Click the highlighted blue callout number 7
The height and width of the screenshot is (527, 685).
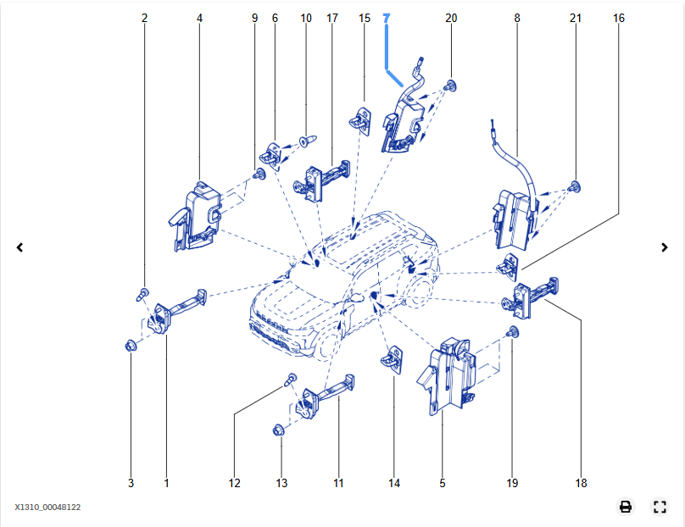(x=387, y=18)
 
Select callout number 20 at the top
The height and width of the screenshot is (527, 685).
(x=451, y=18)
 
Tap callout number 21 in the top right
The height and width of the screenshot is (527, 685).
(x=576, y=18)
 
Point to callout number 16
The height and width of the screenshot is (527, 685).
(x=619, y=18)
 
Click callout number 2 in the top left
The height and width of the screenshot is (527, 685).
(x=144, y=18)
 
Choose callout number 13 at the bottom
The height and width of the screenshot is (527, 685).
(x=281, y=483)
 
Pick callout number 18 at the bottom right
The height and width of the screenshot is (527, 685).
(x=581, y=483)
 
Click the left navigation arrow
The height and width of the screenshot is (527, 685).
(x=19, y=247)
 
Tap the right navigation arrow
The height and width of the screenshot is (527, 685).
(x=665, y=247)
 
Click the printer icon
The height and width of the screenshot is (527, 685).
(x=626, y=507)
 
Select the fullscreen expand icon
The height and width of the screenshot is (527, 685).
(x=660, y=507)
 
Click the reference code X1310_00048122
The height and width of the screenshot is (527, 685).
(x=47, y=508)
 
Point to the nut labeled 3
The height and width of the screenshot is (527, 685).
(x=131, y=346)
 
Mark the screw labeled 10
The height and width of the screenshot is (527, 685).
(x=307, y=136)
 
